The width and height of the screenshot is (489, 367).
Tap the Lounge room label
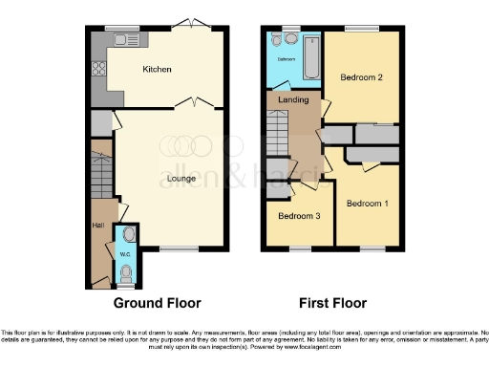(x=169, y=178)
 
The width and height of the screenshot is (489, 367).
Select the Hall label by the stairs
(x=97, y=226)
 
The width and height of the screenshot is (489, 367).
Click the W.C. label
(x=125, y=254)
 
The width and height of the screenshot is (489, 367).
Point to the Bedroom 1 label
(x=367, y=204)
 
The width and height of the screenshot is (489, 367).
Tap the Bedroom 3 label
(x=297, y=216)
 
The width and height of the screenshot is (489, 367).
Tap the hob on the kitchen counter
(x=96, y=69)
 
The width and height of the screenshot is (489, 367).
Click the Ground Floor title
(x=158, y=304)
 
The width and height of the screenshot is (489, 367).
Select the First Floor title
(x=332, y=304)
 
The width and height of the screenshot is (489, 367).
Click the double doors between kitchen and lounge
(x=198, y=103)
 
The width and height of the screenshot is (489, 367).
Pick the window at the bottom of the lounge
(x=173, y=248)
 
